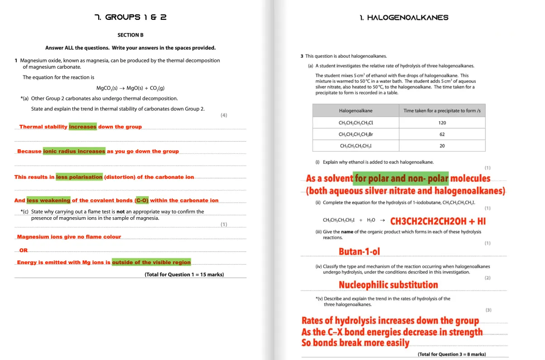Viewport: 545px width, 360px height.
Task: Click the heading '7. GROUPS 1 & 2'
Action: [130, 17]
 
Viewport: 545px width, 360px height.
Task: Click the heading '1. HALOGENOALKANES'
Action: [404, 18]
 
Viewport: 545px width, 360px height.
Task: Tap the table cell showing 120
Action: [442, 123]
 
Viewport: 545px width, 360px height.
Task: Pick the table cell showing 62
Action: [442, 134]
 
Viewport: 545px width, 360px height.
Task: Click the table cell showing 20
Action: [442, 146]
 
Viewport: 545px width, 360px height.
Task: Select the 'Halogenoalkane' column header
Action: [355, 111]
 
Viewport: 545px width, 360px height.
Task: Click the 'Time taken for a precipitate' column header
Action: [442, 111]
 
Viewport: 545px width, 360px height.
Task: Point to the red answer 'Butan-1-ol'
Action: [362, 251]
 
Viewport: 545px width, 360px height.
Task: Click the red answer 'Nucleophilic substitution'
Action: [388, 285]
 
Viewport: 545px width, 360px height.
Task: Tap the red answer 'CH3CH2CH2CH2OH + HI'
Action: [438, 221]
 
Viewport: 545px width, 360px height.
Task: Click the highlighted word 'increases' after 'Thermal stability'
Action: [83, 127]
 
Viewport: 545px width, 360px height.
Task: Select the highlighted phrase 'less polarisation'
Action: [79, 177]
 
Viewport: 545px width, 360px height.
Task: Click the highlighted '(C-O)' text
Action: [142, 200]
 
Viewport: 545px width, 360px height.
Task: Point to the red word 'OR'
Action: [24, 250]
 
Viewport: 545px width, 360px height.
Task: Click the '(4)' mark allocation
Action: [224, 115]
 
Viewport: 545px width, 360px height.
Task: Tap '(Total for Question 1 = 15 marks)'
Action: [184, 275]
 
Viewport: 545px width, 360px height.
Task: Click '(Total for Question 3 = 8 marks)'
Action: [451, 354]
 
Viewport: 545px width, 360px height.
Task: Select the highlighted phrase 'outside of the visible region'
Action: [151, 262]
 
